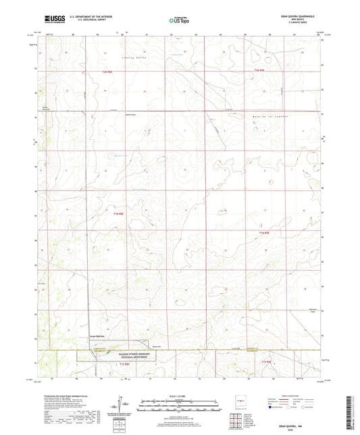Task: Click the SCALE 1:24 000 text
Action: click(x=179, y=395)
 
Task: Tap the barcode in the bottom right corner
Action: click(x=355, y=406)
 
